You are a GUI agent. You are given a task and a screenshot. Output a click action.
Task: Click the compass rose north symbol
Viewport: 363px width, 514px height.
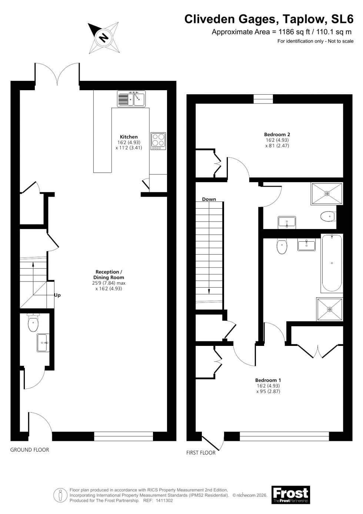coord(104,37)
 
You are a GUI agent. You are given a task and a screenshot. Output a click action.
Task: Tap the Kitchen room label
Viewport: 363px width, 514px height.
coord(129,137)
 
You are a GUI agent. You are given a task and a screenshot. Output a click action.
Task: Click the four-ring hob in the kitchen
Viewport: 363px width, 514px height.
coord(158,141)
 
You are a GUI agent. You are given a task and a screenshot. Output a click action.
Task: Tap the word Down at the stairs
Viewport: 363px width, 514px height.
coord(209,199)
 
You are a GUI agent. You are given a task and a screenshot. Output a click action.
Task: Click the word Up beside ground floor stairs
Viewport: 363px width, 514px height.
coord(57,295)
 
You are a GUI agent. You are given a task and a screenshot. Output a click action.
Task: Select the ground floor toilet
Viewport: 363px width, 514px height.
coord(33,322)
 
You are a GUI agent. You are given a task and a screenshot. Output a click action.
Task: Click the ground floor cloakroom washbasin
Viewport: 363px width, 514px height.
coord(43,343)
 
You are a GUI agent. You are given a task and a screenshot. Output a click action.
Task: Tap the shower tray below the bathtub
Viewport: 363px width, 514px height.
coord(329,309)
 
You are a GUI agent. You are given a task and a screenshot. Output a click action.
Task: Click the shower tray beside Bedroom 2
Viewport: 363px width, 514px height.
coord(327,193)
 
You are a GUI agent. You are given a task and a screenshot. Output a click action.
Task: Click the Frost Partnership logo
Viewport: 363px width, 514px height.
coord(290,495)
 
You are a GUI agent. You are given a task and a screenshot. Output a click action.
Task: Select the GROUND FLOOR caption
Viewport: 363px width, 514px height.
coord(30,450)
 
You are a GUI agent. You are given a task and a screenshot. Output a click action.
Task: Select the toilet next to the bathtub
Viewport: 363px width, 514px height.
coord(282,246)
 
